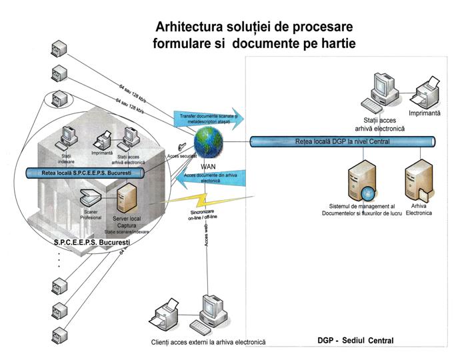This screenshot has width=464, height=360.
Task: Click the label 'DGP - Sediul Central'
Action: coord(355,341)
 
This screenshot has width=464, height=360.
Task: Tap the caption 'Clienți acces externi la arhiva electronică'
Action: coord(208,342)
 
